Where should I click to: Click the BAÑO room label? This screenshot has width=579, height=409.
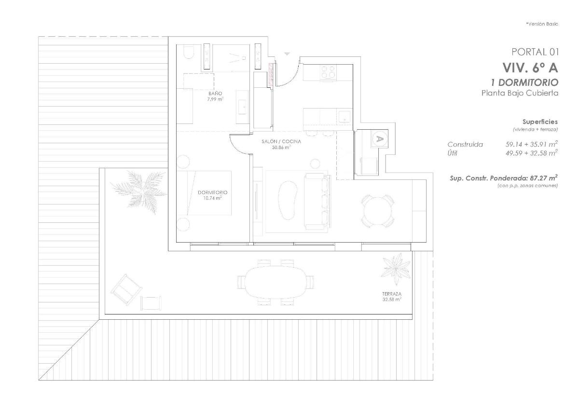coord(215,93)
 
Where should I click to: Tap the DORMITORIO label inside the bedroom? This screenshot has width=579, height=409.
coord(212,192)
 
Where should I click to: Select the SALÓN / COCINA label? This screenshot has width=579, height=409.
coord(281,141)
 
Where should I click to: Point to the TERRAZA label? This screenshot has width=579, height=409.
coord(392,293)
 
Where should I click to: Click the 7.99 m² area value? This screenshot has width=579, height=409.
coord(216,99)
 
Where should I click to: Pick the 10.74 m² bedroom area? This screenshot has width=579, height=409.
coord(212,198)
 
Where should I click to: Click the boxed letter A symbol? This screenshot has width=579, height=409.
coord(379,139)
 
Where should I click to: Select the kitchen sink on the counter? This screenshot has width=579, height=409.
coord(344,116)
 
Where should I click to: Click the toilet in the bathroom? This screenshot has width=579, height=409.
coord(189,53)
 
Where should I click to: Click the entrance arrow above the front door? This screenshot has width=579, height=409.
coord(288,54)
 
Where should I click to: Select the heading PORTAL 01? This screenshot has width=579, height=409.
coord(534,52)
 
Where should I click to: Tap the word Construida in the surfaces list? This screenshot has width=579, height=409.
coord(465,144)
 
